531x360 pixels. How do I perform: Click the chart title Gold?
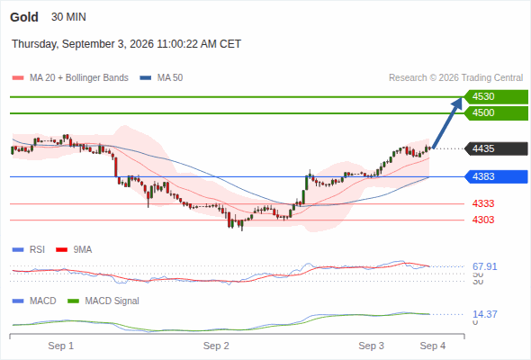click(x=24, y=17)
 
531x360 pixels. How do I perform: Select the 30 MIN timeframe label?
click(x=68, y=17)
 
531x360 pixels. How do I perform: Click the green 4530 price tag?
click(x=496, y=97)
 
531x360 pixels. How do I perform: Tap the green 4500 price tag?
click(x=496, y=113)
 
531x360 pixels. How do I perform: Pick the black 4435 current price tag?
click(x=496, y=148)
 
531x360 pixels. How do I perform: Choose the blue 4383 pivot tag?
click(x=496, y=176)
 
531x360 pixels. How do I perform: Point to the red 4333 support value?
click(x=483, y=204)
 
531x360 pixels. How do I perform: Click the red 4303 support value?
click(x=483, y=220)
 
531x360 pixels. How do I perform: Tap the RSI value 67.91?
click(x=485, y=267)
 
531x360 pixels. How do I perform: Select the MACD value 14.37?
click(x=485, y=314)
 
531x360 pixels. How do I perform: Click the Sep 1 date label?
click(x=61, y=346)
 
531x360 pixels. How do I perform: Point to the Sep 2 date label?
click(x=216, y=346)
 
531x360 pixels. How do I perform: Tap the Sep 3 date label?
click(x=371, y=346)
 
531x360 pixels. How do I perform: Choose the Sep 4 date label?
click(x=433, y=346)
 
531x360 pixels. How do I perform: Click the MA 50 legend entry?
click(x=161, y=78)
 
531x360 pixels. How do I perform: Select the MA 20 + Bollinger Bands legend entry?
click(x=70, y=78)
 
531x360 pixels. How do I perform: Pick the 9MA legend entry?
click(x=74, y=250)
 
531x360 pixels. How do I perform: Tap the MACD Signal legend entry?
click(x=103, y=301)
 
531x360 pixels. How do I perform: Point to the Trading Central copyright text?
click(x=455, y=78)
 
